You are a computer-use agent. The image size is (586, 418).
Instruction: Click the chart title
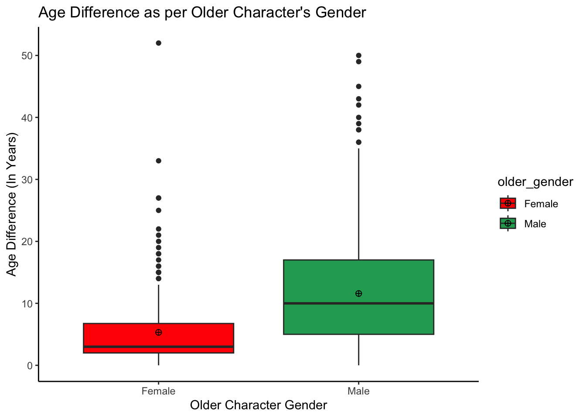click(x=202, y=13)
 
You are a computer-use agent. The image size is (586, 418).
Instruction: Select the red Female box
click(x=159, y=338)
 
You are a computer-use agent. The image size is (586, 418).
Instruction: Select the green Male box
click(x=359, y=297)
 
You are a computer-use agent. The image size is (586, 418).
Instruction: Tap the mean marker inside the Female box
click(x=159, y=332)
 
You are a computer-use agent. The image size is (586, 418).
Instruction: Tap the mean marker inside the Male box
click(x=359, y=293)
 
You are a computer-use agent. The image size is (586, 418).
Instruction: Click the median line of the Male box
click(x=359, y=303)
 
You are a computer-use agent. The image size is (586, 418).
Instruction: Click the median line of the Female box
click(x=159, y=347)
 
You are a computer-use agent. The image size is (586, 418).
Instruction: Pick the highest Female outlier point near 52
click(x=159, y=43)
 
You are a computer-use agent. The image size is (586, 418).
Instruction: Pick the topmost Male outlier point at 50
click(x=359, y=55)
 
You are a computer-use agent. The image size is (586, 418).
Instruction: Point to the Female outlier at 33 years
click(x=159, y=161)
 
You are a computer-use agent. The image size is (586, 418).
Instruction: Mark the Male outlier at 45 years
click(x=359, y=87)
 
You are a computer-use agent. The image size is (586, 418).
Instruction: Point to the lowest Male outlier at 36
click(x=359, y=142)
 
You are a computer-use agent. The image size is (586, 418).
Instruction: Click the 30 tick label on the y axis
click(x=27, y=179)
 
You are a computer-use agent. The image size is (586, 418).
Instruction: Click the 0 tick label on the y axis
click(x=30, y=365)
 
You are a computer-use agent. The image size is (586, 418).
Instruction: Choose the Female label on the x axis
click(x=159, y=391)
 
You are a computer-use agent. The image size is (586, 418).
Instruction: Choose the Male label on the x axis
click(x=359, y=391)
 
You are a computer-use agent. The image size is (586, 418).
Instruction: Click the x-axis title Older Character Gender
click(x=259, y=405)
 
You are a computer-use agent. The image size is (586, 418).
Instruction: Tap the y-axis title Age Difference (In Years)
click(x=11, y=205)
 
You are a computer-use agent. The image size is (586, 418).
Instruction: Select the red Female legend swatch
click(x=508, y=203)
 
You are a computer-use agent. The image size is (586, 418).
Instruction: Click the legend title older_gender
click(x=535, y=182)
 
